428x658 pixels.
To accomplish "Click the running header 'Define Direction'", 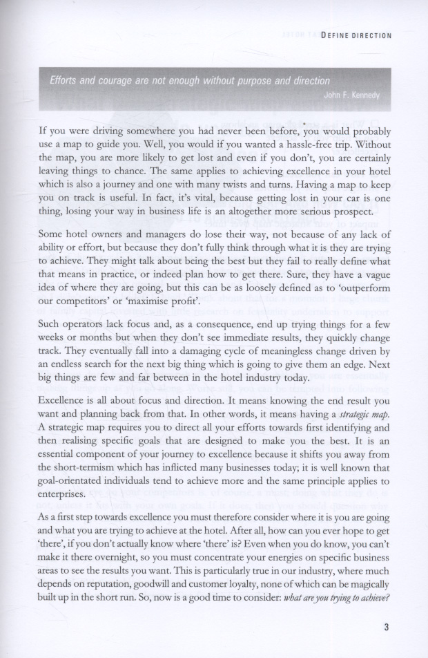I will coord(356,35).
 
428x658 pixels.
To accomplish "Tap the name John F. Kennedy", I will coord(352,95).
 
